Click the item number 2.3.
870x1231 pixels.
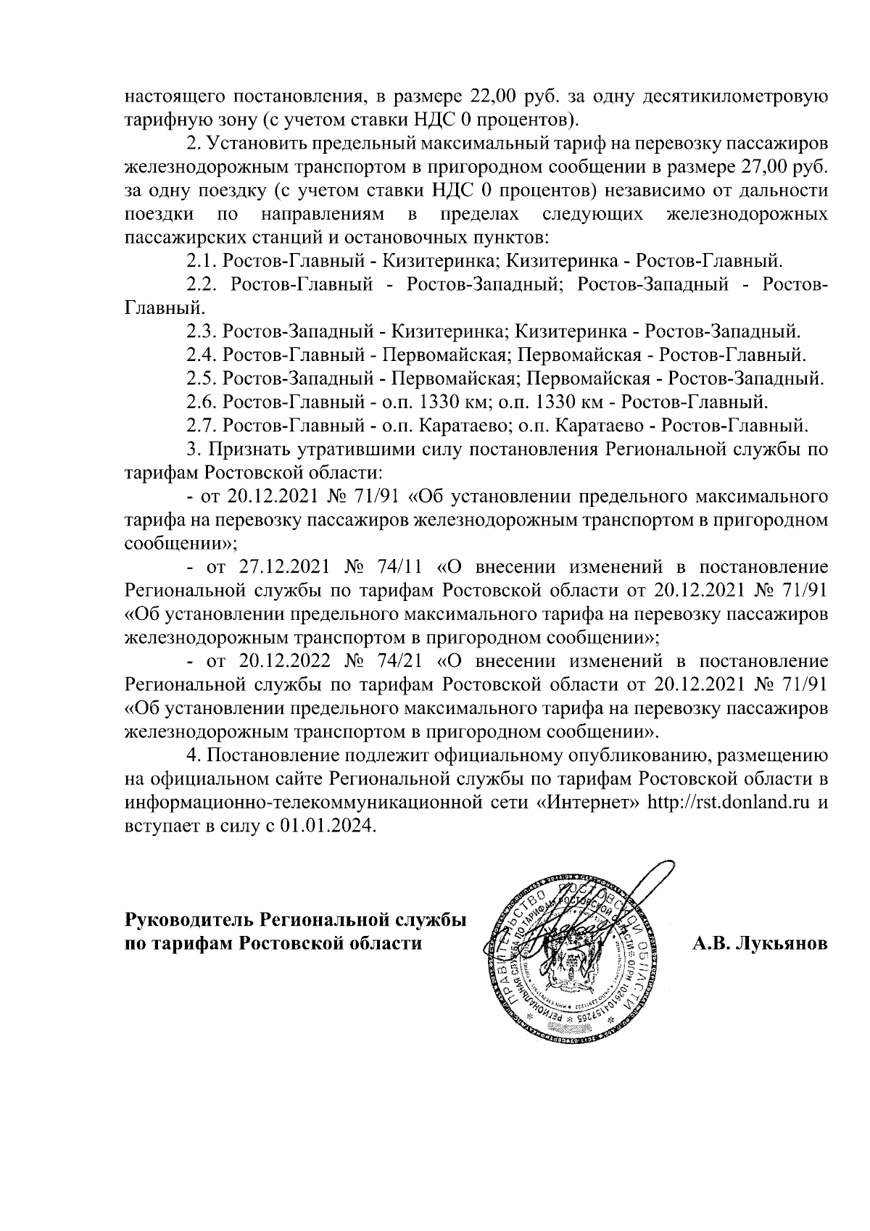[x=201, y=332]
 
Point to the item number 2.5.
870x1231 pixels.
[x=201, y=379]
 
